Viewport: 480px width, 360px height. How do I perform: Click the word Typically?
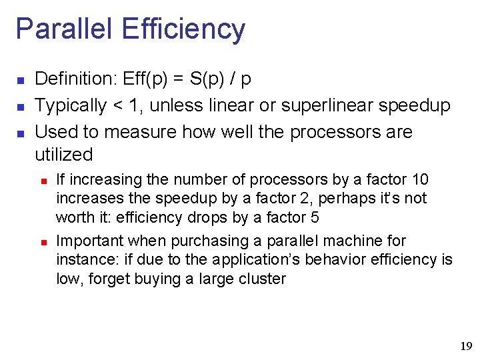pos(70,106)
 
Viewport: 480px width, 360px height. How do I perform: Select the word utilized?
pos(63,155)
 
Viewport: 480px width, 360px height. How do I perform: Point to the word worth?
pos(72,217)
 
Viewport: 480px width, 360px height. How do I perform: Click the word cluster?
pos(259,279)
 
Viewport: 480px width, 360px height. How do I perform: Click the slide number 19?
pos(466,346)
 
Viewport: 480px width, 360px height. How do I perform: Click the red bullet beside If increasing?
pos(42,180)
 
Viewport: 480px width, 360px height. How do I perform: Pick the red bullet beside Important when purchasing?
pos(42,241)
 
